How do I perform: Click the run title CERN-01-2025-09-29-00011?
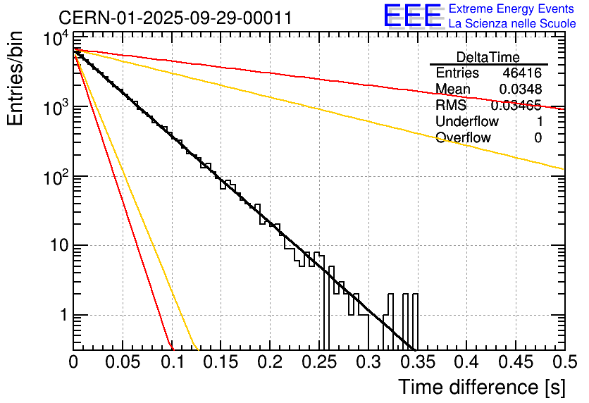(x=175, y=18)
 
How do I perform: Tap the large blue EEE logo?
(x=413, y=15)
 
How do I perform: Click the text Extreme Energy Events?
(x=512, y=9)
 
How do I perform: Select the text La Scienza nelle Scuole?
(x=512, y=24)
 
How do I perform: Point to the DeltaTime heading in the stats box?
(x=488, y=57)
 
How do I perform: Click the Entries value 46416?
(x=522, y=73)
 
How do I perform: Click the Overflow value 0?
(x=538, y=138)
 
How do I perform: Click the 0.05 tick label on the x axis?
(x=123, y=363)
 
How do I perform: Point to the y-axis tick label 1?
(x=61, y=315)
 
